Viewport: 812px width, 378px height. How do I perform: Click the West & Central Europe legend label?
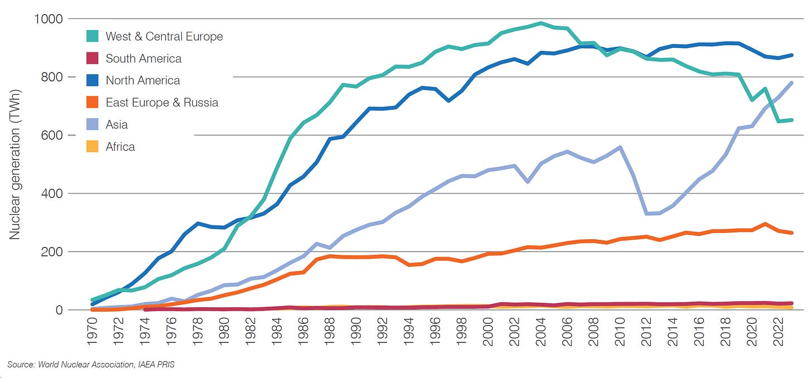[164, 37]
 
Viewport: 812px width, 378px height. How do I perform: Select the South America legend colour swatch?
[93, 59]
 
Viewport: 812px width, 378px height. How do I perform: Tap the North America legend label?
[143, 80]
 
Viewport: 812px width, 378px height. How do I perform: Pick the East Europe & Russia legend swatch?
[93, 102]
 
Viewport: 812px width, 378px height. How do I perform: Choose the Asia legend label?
[117, 125]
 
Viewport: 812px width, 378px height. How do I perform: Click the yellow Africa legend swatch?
[93, 147]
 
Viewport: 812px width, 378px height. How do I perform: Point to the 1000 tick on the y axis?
[48, 19]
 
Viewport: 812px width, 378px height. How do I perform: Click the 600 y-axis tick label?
[52, 135]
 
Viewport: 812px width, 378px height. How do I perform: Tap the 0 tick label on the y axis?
[59, 310]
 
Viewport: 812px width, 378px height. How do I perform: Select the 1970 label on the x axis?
[92, 332]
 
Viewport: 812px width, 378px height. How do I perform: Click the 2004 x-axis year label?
[540, 332]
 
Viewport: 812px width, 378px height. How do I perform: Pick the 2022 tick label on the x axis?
[778, 332]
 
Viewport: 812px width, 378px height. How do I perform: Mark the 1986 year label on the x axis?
[303, 332]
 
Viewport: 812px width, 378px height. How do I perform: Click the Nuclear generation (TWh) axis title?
[14, 164]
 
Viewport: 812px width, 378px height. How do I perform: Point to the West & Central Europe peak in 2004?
[540, 23]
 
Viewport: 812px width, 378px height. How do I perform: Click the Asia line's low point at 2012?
[646, 214]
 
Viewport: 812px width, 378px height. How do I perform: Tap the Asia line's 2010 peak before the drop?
[620, 147]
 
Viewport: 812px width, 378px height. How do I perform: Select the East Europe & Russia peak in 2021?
[765, 224]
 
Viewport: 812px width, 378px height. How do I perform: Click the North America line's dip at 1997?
[448, 101]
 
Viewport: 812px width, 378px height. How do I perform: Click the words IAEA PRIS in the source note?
[156, 365]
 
